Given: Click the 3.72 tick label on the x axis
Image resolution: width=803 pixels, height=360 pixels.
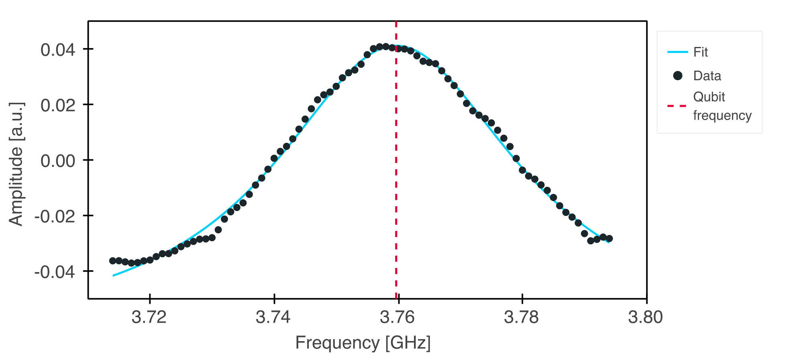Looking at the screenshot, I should click(149, 317).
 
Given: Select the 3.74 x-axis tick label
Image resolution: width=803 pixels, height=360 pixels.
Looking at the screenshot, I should click(273, 317).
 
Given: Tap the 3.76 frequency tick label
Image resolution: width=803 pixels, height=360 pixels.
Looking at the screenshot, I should click(397, 317).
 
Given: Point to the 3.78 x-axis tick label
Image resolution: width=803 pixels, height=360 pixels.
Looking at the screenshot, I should click(521, 317).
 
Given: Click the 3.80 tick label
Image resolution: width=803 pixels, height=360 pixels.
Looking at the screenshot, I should click(645, 317).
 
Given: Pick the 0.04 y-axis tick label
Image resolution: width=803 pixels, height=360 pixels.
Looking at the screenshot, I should click(58, 50).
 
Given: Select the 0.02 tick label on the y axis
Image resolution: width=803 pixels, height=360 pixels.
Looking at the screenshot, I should click(58, 106).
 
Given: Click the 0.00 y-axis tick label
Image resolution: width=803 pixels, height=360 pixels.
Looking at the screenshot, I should click(58, 161).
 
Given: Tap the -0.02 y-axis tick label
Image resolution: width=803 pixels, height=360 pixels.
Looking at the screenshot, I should click(55, 216).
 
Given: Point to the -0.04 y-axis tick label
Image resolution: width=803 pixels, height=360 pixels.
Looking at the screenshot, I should click(55, 272).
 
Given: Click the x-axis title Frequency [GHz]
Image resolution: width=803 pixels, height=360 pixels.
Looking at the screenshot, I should click(363, 343).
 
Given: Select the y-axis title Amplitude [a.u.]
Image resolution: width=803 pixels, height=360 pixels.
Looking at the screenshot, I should click(16, 164).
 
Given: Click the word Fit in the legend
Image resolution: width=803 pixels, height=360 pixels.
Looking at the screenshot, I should click(700, 52).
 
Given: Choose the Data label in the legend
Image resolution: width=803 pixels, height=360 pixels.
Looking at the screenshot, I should click(707, 76).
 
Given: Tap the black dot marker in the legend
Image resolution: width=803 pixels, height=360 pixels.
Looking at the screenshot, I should click(678, 75).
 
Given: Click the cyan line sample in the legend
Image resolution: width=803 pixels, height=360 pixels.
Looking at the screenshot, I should click(678, 52).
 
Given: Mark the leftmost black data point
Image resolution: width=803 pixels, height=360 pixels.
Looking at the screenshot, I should click(113, 261).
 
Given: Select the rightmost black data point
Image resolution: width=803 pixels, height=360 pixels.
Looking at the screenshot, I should click(609, 238).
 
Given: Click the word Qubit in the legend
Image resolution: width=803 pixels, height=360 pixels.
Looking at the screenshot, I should click(709, 97).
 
